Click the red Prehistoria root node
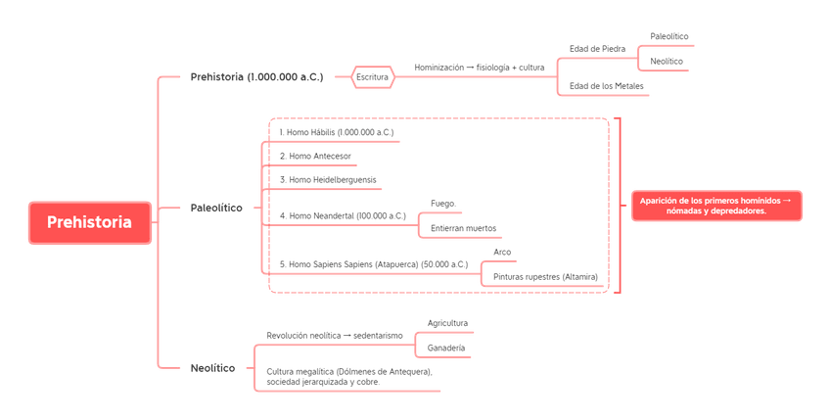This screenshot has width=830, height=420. [x=89, y=222]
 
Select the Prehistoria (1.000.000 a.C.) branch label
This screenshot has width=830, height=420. [x=256, y=76]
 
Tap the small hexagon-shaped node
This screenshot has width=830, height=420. [x=373, y=76]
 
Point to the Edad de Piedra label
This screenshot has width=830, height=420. [x=597, y=47]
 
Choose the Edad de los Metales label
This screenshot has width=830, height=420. [x=607, y=85]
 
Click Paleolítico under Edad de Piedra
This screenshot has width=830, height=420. [x=669, y=36]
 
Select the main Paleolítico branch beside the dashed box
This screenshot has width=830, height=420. [x=216, y=208]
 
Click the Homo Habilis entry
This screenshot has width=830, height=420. [x=337, y=131]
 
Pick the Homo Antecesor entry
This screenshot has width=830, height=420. [x=315, y=155]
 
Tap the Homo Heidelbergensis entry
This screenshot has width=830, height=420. [x=328, y=179]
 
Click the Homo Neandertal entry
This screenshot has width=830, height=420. [x=343, y=215]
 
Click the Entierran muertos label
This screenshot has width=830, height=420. [x=464, y=227]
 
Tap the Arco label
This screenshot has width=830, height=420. [x=501, y=253]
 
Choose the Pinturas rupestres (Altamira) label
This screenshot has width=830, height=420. [x=544, y=277]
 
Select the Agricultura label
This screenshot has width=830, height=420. [x=448, y=322]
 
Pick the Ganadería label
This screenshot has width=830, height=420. [x=445, y=347]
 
